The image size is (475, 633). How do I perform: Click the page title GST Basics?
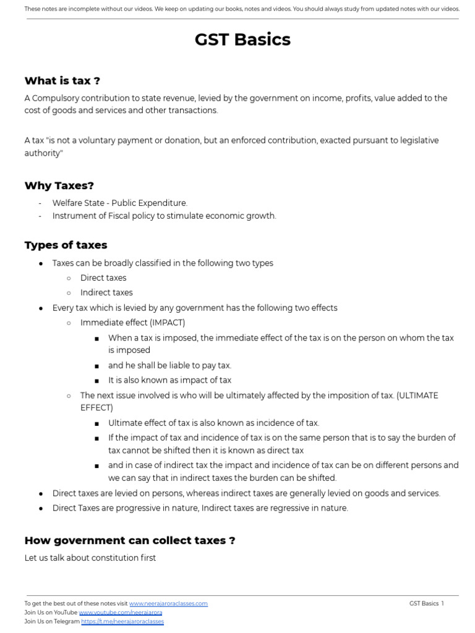[x=242, y=40]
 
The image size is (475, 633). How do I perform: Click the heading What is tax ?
[x=62, y=80]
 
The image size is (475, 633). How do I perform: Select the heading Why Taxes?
[x=59, y=185]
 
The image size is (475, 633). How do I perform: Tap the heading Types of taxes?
[x=66, y=245]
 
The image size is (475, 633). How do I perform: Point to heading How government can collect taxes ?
[x=129, y=540]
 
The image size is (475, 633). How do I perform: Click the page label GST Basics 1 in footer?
[x=426, y=603]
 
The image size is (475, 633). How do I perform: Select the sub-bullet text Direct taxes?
[x=103, y=278]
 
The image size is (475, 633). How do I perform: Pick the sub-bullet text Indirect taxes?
[x=106, y=293]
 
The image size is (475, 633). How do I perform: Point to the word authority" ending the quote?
[x=44, y=153]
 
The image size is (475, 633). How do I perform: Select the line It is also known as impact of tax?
[x=169, y=380]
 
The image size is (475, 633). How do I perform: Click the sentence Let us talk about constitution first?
[x=90, y=558]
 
